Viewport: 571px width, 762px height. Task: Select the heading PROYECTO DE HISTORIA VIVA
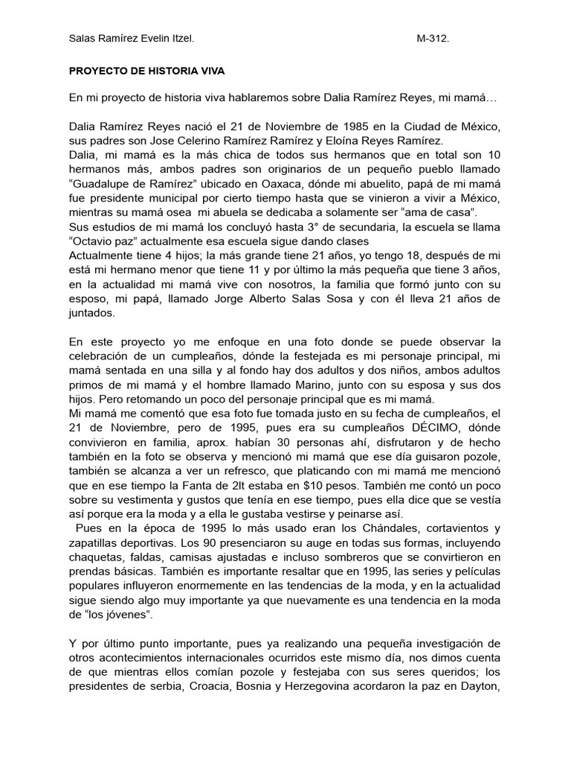[x=146, y=71]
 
